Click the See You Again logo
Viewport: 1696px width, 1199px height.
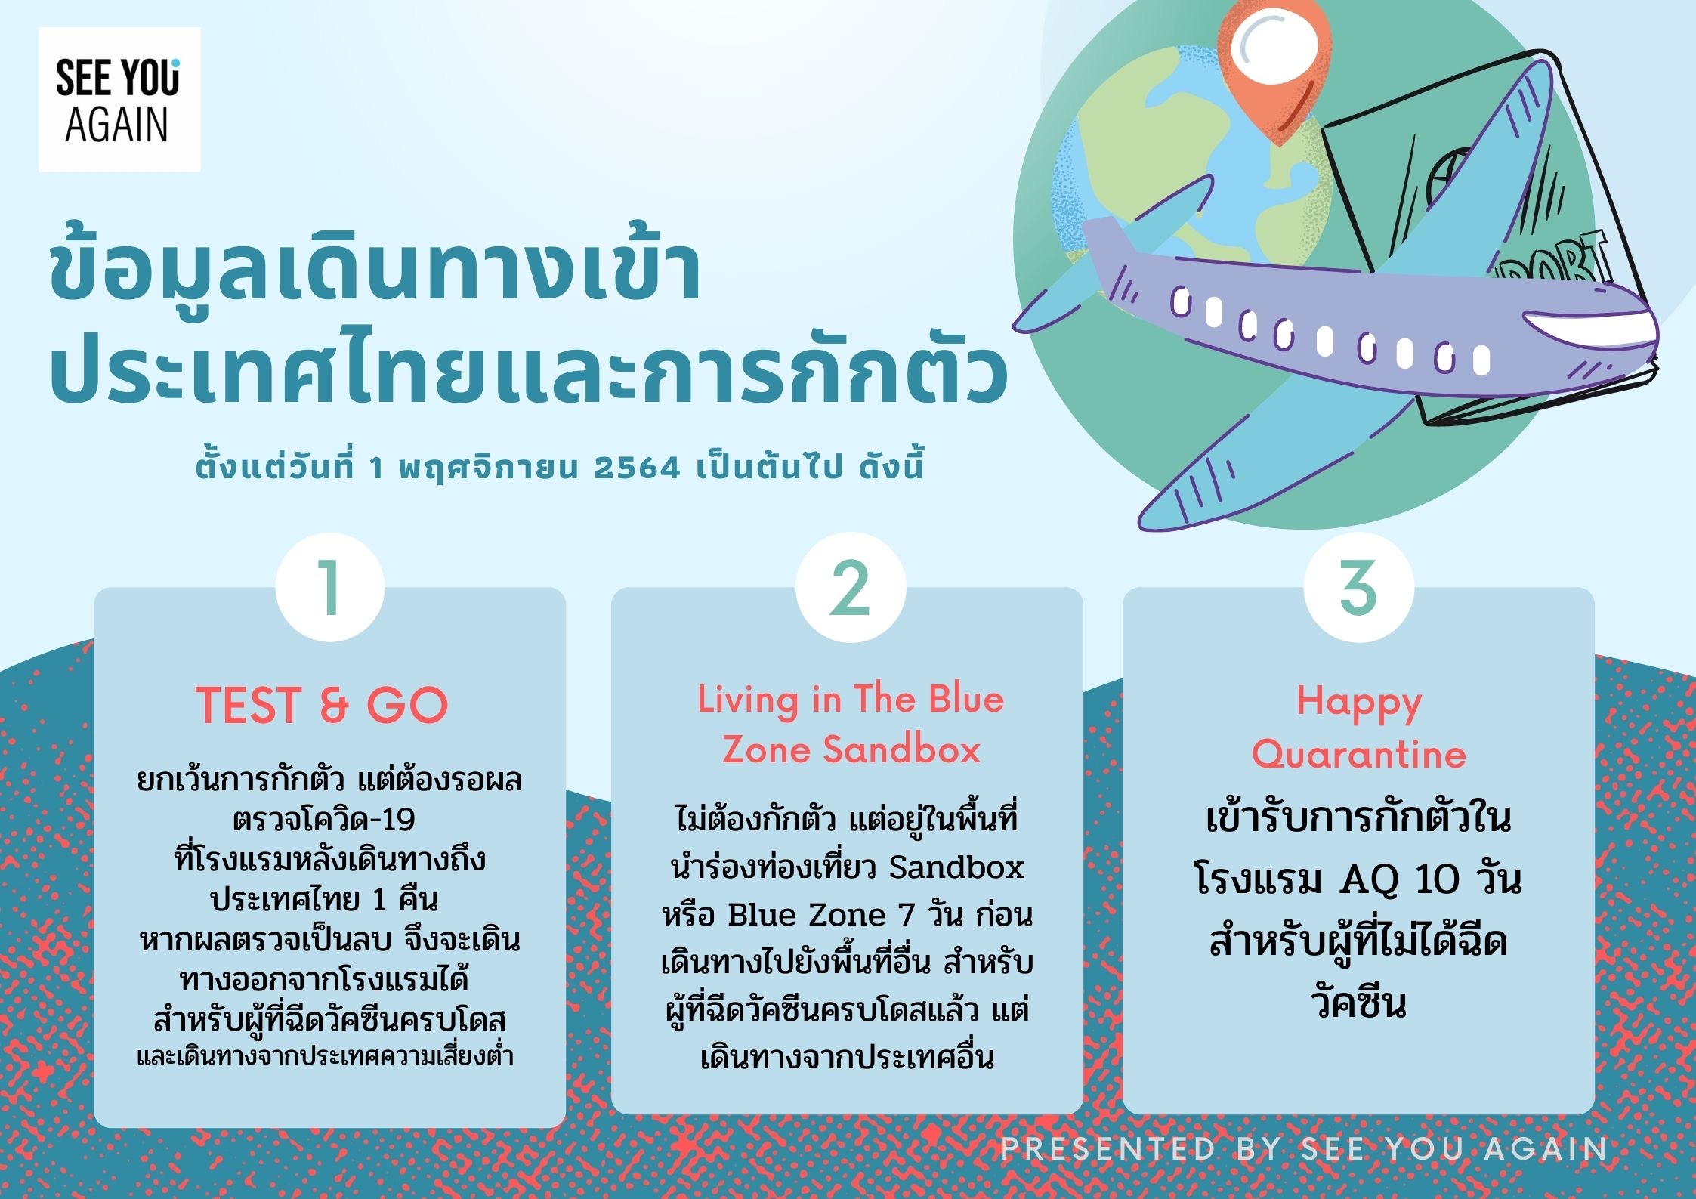coord(119,99)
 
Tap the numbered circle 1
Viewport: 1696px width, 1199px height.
coord(330,587)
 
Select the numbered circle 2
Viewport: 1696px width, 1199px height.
coord(851,587)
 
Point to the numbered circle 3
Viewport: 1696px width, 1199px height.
coord(1358,587)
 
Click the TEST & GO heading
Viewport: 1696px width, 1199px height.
coord(323,705)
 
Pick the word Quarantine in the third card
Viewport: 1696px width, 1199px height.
coord(1358,754)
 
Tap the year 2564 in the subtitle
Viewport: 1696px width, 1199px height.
coord(638,468)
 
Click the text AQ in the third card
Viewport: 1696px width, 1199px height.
coord(1367,880)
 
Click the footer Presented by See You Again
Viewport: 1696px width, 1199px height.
coord(1305,1148)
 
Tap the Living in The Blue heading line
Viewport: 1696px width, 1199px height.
coord(851,700)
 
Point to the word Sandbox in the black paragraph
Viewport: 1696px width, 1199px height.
coord(956,867)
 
